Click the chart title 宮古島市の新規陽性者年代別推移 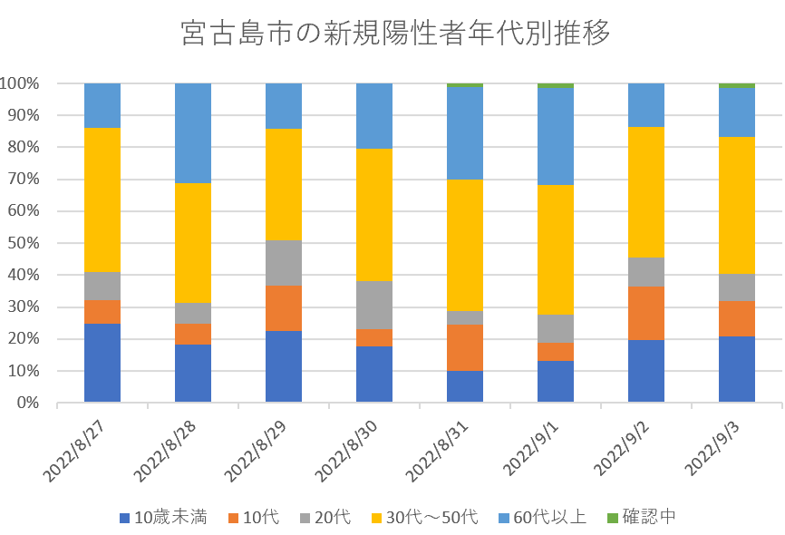click(392, 34)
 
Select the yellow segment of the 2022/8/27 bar click(102, 199)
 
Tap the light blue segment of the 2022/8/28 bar click(193, 133)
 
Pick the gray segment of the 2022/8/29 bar click(284, 263)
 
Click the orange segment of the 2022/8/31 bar click(465, 347)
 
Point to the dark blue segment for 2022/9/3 click(737, 369)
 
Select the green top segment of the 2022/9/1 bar click(556, 86)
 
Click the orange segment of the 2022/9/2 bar click(646, 313)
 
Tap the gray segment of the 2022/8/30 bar click(374, 305)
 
